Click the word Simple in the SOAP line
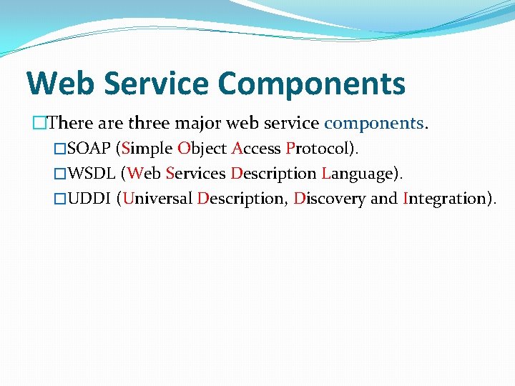point(147,149)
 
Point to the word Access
point(256,149)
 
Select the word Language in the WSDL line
point(359,174)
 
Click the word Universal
point(157,199)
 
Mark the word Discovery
point(329,199)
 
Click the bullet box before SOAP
point(60,149)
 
